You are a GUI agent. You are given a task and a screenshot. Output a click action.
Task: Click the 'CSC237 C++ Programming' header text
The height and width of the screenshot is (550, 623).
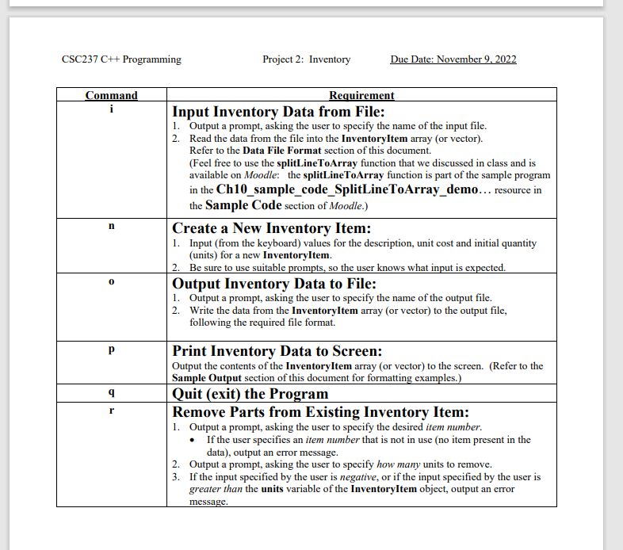[x=120, y=59]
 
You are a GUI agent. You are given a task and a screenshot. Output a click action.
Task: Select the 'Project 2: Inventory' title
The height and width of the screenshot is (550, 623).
[x=306, y=59]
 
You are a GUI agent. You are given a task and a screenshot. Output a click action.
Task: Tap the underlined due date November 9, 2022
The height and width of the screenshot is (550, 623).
[x=453, y=59]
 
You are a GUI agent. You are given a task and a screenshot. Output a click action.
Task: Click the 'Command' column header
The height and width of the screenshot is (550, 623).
[x=112, y=96]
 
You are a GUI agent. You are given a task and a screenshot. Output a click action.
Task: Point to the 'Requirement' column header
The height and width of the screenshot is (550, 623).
[x=361, y=96]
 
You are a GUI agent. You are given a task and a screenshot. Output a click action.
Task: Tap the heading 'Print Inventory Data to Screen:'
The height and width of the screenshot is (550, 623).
[x=277, y=351]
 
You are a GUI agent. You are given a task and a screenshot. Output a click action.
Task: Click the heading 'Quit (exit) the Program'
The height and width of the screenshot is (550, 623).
[x=250, y=394]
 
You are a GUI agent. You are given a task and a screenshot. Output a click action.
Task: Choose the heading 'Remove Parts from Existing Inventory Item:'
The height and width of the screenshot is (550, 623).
[x=321, y=412]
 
